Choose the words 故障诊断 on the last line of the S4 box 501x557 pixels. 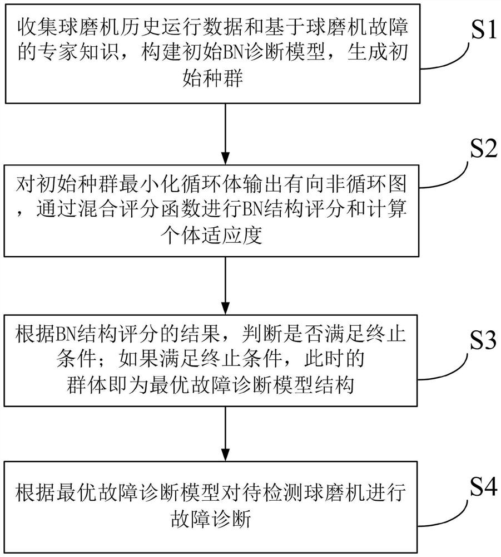pos(225,519)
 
